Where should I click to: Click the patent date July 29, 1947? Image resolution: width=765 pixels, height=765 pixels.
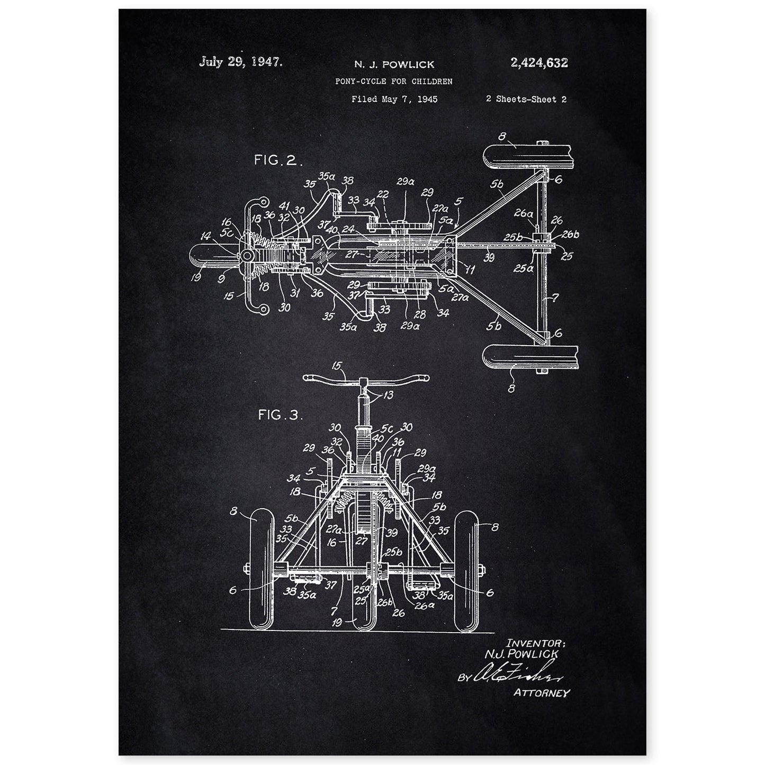(241, 61)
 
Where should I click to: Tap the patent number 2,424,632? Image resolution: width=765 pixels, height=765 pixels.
(539, 63)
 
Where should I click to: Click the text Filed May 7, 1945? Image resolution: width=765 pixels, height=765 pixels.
(394, 99)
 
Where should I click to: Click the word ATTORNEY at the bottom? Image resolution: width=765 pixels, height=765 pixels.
(541, 692)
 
